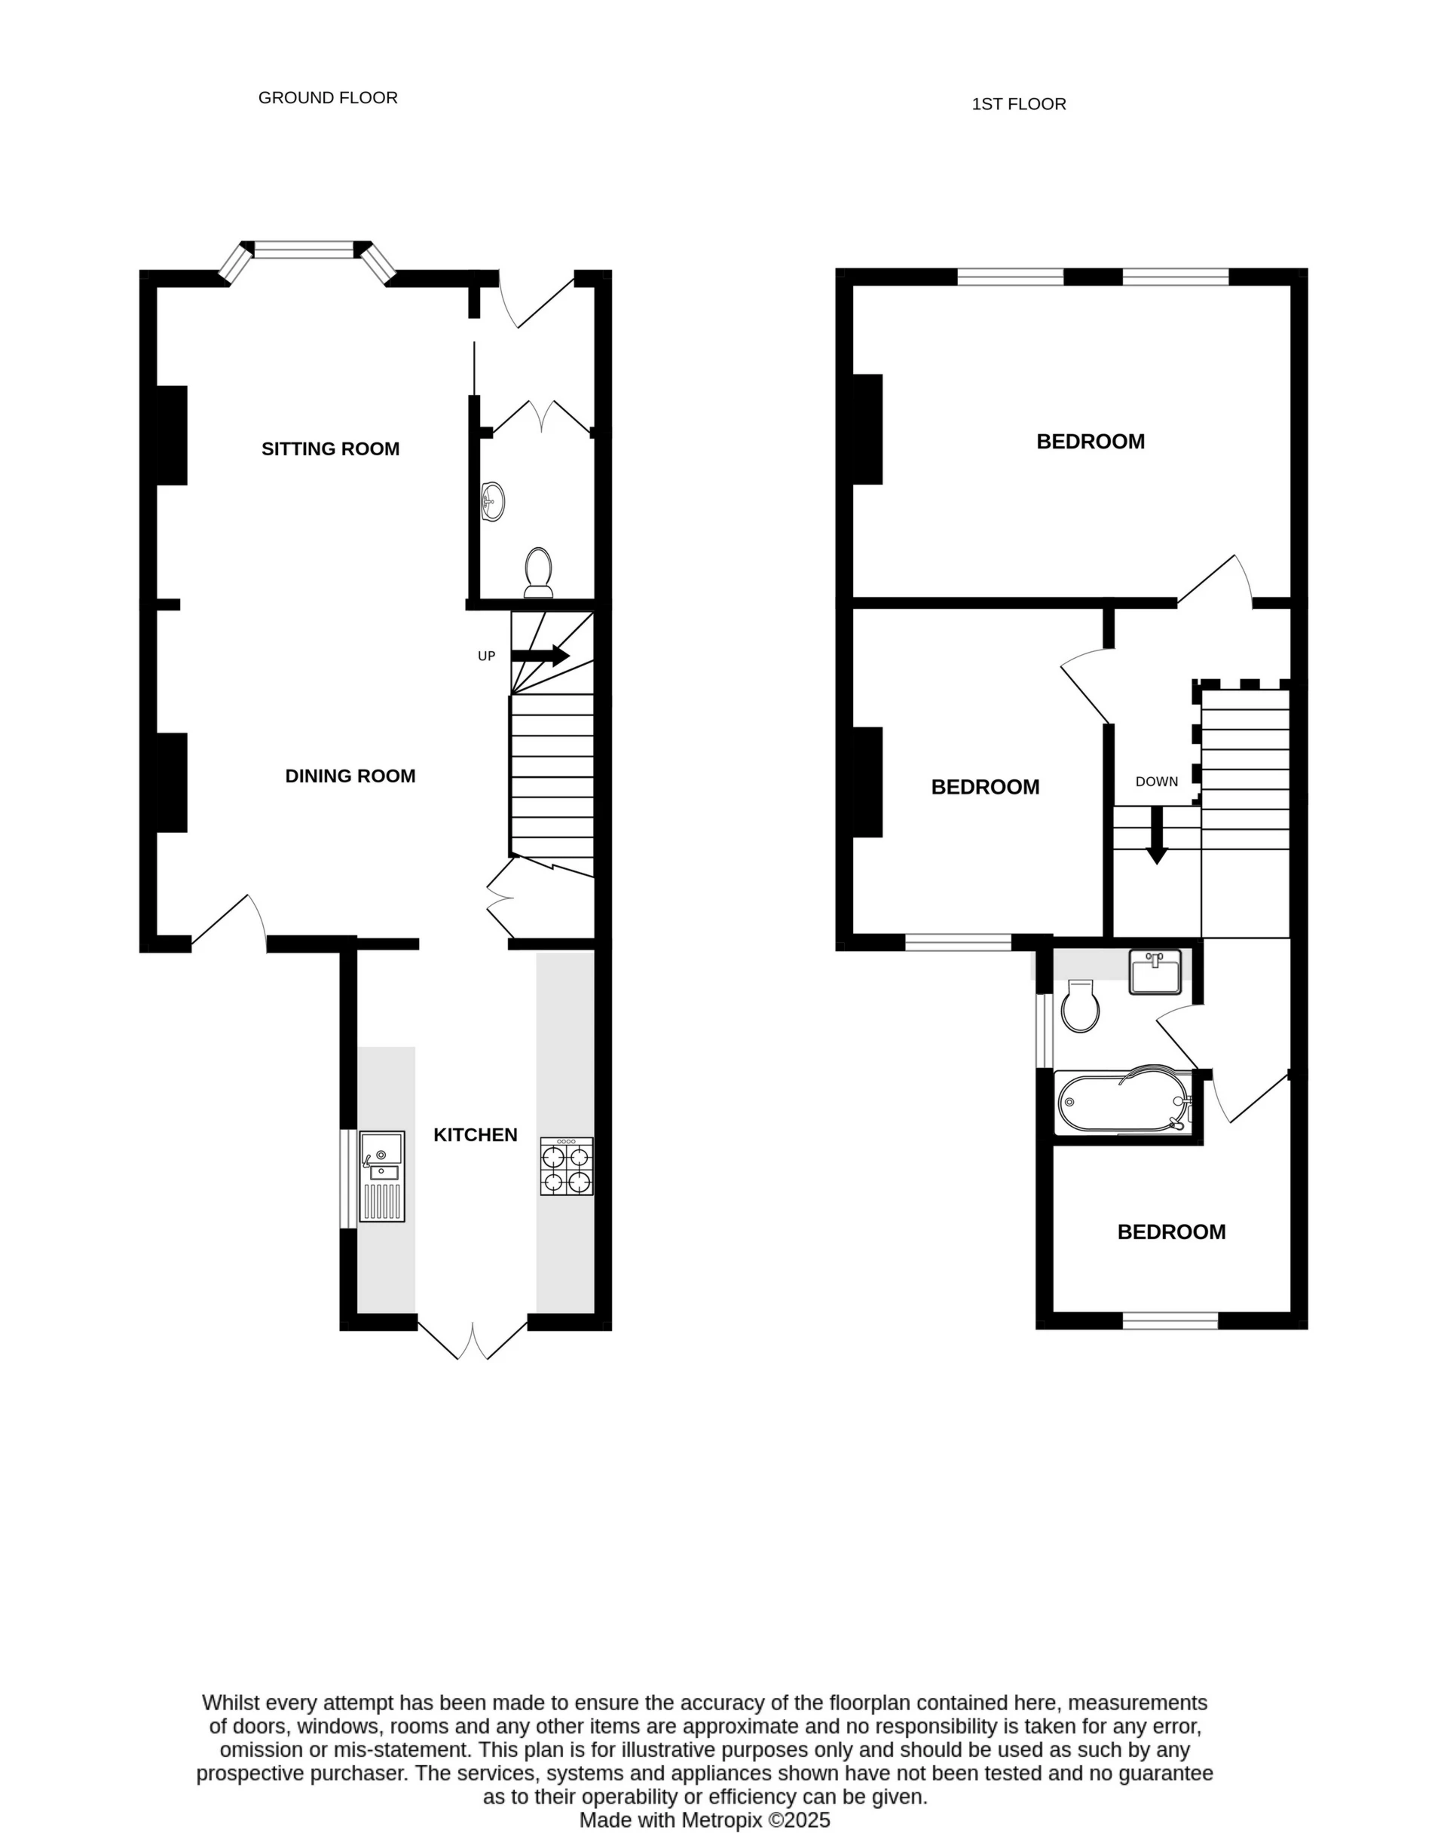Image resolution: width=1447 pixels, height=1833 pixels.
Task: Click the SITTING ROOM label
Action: [x=330, y=449]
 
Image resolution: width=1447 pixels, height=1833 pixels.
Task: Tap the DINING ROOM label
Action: [x=350, y=776]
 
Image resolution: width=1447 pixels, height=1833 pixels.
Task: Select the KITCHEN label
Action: [x=476, y=1135]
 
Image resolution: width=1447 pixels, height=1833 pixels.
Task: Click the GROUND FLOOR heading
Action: [x=328, y=98]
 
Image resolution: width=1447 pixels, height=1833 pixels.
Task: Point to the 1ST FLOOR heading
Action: [x=1018, y=104]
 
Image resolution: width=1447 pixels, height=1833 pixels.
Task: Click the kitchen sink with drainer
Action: [x=382, y=1177]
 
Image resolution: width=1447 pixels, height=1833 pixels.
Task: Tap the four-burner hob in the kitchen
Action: [x=567, y=1167]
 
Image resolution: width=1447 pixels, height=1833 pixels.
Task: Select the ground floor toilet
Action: [x=539, y=573]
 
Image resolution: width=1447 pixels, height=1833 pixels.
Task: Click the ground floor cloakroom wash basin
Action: [x=493, y=501]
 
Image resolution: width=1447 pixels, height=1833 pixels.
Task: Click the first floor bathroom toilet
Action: [x=1080, y=1006]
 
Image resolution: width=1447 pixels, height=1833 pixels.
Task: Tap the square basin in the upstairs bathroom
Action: [x=1155, y=972]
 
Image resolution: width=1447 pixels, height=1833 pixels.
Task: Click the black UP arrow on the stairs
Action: [x=540, y=656]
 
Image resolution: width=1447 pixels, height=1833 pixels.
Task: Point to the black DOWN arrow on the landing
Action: [x=1156, y=835]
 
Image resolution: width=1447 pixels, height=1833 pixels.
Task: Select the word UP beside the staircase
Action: [x=486, y=656]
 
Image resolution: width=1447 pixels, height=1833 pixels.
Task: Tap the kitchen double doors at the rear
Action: [x=473, y=1339]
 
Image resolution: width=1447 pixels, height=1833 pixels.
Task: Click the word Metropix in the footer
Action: [x=725, y=1819]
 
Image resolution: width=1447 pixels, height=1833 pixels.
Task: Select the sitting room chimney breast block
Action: [x=172, y=436]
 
